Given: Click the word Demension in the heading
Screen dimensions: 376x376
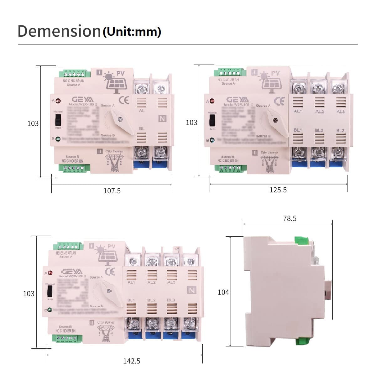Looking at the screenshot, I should [x=59, y=31].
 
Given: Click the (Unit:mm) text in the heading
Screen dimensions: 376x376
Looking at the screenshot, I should [x=132, y=32].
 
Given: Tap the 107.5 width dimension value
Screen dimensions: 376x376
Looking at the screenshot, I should [x=112, y=191].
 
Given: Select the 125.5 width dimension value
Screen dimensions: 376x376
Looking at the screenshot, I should [x=278, y=190].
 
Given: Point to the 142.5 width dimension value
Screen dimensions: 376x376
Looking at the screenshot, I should [x=132, y=361].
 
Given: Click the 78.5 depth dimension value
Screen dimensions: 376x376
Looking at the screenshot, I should [x=290, y=218].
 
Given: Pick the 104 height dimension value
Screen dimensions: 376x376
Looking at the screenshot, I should [x=223, y=292].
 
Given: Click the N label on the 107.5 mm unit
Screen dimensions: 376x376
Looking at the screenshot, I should [x=162, y=119].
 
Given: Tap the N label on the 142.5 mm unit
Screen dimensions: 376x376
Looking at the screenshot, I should [x=191, y=290].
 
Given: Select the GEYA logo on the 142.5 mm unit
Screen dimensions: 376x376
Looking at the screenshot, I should [x=72, y=271].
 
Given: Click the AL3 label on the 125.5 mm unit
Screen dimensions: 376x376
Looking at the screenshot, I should [x=341, y=112].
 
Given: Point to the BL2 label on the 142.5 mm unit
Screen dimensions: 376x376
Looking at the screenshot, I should [x=151, y=300].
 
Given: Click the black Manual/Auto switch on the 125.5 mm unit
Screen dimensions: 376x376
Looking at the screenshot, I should [x=212, y=120].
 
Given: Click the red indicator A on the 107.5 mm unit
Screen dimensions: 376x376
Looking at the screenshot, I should [x=58, y=101].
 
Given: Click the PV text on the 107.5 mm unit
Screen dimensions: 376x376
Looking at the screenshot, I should [x=121, y=74].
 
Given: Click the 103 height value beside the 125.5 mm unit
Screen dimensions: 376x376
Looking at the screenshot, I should [x=191, y=123].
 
